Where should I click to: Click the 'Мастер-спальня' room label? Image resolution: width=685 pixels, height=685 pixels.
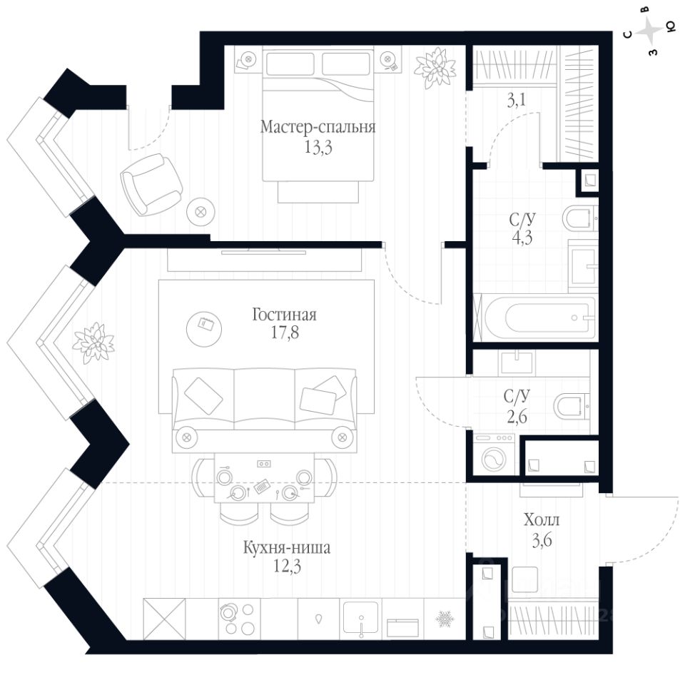pos(318,128)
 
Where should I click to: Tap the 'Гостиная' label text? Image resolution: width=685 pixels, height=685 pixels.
pos(284,315)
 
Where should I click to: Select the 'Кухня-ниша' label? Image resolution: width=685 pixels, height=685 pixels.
pos(277,549)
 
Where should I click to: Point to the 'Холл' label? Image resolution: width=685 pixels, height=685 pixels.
pos(537,520)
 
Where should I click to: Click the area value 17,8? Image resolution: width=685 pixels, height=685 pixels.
pos(284,333)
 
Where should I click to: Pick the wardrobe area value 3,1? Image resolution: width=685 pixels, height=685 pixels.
pos(517,101)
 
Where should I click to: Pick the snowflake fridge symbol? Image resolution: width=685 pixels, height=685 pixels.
pos(445,617)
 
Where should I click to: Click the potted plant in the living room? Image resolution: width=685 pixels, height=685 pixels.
pos(93,340)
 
